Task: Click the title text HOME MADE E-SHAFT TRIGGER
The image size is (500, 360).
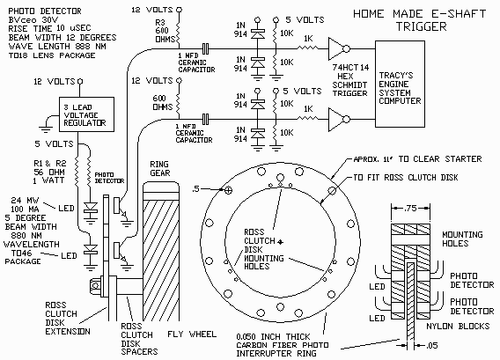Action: tap(419, 19)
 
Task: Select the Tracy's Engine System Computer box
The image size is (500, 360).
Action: tap(400, 84)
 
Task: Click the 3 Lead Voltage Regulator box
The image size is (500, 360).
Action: tap(87, 114)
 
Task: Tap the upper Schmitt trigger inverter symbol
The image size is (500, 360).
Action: tap(339, 48)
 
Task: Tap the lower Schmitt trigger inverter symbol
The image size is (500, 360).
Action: tap(339, 120)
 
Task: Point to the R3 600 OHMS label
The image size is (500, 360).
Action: tap(165, 31)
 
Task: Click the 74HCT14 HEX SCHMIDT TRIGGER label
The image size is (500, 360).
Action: tap(350, 80)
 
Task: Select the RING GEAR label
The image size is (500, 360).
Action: tap(160, 169)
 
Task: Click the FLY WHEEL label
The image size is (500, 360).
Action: tap(192, 334)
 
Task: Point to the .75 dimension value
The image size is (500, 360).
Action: tap(410, 209)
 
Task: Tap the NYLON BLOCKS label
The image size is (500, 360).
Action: tap(458, 326)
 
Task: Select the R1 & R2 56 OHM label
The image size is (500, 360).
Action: tap(50, 168)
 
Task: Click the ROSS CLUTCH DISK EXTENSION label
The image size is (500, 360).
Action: tap(68, 319)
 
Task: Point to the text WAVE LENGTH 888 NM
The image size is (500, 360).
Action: tap(57, 47)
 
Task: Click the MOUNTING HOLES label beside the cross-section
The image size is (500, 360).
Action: tap(462, 239)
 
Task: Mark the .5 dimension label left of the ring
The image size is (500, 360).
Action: tap(195, 188)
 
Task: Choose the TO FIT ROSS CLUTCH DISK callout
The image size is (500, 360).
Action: tap(406, 177)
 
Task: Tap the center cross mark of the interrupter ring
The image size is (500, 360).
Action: tap(280, 242)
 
